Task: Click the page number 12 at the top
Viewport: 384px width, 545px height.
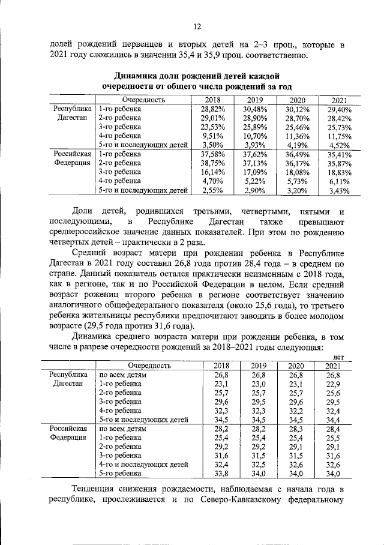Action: [x=196, y=26]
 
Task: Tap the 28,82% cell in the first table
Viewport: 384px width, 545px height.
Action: [x=212, y=109]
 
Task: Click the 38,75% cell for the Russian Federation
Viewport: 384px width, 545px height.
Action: [x=212, y=163]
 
